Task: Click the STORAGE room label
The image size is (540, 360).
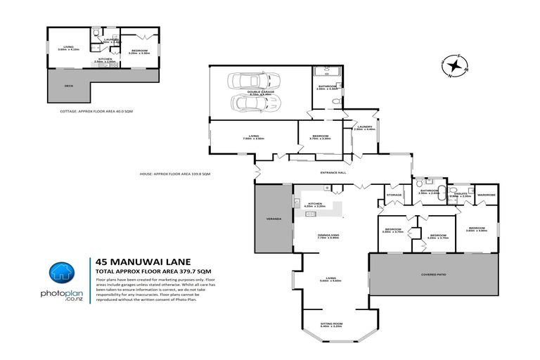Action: [394, 195]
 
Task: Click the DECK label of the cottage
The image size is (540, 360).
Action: [68, 86]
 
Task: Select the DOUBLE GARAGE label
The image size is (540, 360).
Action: [259, 91]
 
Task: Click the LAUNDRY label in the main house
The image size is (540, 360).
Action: [364, 127]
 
